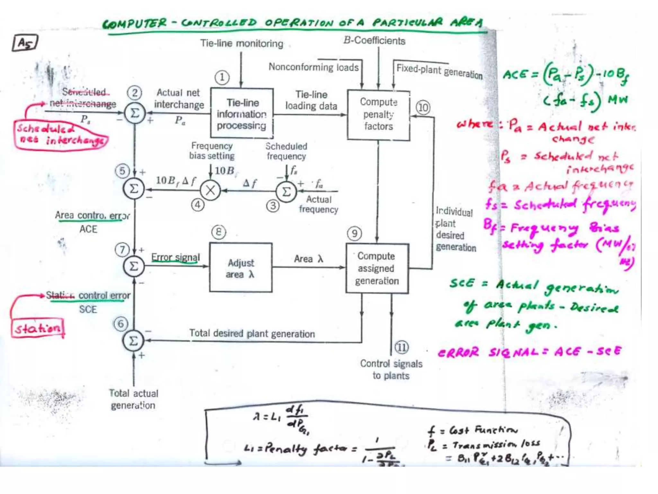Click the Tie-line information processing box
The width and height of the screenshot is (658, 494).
point(242,113)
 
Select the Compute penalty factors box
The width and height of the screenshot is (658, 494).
point(378,115)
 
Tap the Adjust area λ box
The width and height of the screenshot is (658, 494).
point(241,268)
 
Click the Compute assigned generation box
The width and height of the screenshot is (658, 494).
point(377,268)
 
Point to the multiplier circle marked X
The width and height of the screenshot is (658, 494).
point(210,190)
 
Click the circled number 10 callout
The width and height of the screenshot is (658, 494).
point(423,107)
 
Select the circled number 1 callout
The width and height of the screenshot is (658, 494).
point(222,78)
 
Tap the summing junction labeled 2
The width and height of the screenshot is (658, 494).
point(135,113)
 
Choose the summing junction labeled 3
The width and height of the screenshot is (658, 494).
point(286,192)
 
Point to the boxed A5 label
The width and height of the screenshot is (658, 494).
point(25,43)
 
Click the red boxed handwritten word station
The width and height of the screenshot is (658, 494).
point(38,328)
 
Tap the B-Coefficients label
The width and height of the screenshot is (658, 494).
point(374,41)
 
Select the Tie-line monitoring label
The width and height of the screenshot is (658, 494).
point(242,43)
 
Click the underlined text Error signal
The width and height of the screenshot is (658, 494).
point(175,257)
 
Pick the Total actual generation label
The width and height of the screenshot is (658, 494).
point(133,399)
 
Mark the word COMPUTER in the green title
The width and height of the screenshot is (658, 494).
point(135,23)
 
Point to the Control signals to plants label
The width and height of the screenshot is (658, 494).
point(391,370)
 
